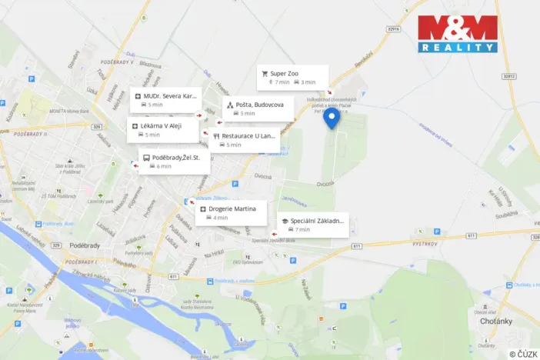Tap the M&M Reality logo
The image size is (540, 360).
[458, 33]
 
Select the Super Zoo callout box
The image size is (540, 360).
[293, 78]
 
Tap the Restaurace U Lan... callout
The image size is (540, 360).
[244, 140]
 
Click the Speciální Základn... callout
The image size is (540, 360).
[312, 225]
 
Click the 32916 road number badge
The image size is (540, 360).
[394, 28]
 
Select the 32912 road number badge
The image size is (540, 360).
[508, 76]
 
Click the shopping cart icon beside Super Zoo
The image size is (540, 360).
[265, 74]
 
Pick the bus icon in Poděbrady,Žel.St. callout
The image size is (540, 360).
[146, 158]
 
